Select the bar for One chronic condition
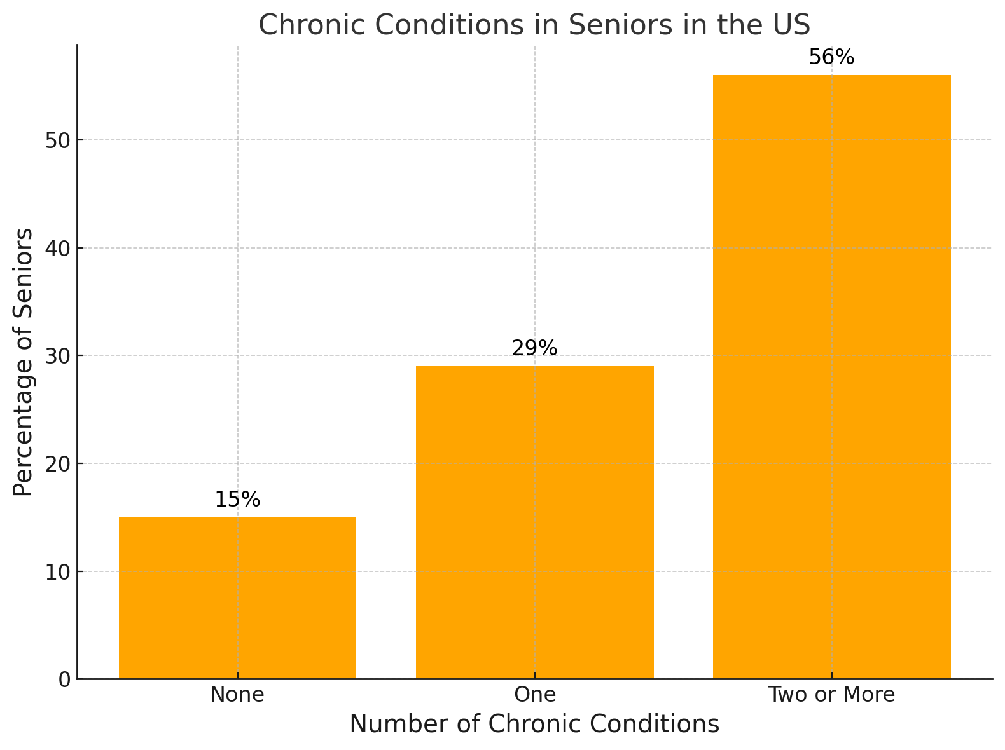pos(534,522)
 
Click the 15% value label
pos(237,500)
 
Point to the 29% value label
pos(534,348)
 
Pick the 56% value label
pos(831,58)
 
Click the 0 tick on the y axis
pos(64,679)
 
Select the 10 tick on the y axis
pos(58,571)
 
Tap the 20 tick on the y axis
pos(58,463)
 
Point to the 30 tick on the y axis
pos(58,356)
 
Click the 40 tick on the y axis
pos(58,248)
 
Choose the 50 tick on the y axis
pos(58,140)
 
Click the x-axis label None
pos(237,695)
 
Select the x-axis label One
pos(534,695)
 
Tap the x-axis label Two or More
pos(831,695)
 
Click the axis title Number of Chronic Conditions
pos(534,725)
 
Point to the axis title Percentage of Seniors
pos(24,362)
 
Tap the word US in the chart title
pos(793,25)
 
